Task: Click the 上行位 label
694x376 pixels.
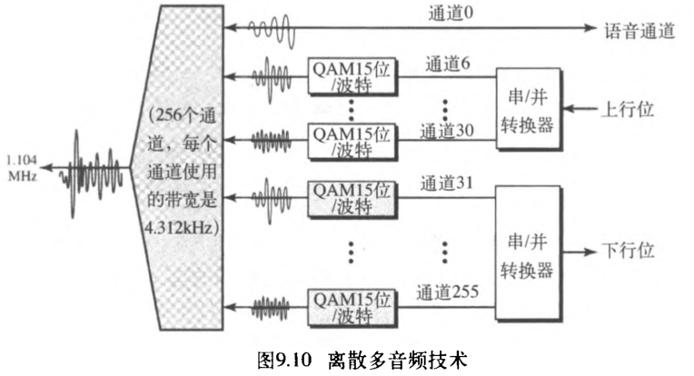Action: tap(628, 109)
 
